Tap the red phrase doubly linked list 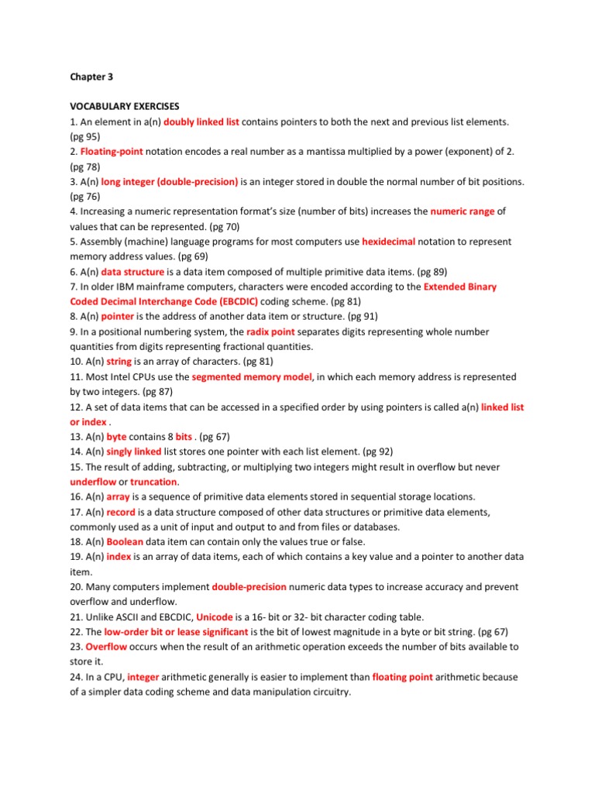point(201,122)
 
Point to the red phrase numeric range point(462,211)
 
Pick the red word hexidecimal point(389,242)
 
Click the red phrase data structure point(132,272)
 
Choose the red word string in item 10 point(119,362)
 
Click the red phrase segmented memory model point(252,377)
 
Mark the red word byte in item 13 point(116,437)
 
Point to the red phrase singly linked point(134,452)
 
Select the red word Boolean point(125,542)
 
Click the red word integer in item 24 point(143,677)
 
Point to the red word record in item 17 point(121,512)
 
